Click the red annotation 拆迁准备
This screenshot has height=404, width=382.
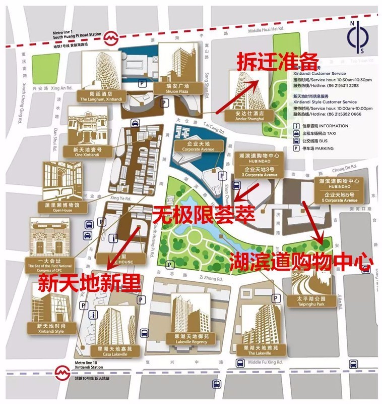[278, 62]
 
